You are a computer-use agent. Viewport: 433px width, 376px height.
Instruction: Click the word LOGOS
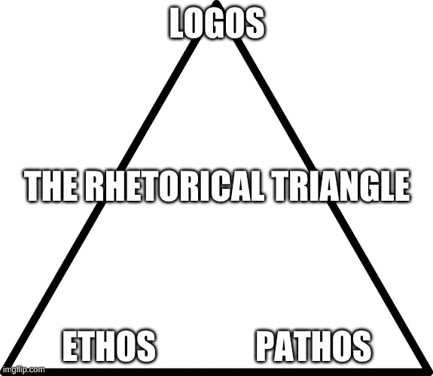click(217, 23)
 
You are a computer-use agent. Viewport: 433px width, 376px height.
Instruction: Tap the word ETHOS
click(108, 346)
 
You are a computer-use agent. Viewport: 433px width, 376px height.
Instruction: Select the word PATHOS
click(313, 346)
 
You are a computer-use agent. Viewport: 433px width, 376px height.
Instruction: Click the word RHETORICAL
click(174, 186)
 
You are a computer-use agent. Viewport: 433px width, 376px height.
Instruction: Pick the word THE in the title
click(52, 186)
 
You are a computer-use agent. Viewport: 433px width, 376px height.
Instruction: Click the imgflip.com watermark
click(23, 370)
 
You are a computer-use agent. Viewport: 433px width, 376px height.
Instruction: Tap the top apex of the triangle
click(217, 2)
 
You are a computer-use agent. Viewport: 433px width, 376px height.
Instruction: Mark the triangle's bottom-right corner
click(428, 371)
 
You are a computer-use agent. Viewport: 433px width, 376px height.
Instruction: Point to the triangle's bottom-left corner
click(4, 371)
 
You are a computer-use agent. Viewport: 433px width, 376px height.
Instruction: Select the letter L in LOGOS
click(177, 23)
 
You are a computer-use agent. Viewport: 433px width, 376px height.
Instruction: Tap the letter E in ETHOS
click(70, 346)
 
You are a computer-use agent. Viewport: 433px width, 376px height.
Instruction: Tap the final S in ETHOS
click(145, 346)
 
